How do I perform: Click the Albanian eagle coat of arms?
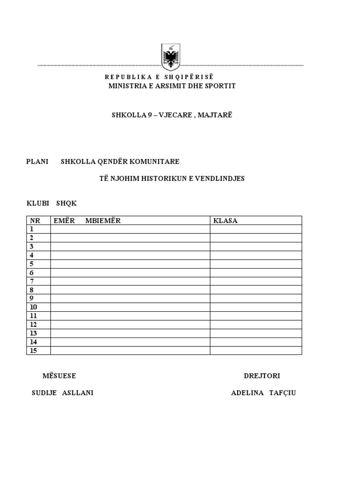click(x=171, y=57)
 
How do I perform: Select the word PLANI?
click(x=37, y=162)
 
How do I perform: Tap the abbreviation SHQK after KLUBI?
click(x=66, y=203)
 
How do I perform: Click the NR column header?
click(x=35, y=221)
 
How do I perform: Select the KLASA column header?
click(x=225, y=221)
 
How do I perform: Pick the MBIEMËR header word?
click(x=103, y=221)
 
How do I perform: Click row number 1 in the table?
click(x=32, y=229)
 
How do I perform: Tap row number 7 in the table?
click(x=32, y=281)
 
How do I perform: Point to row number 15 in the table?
click(x=34, y=351)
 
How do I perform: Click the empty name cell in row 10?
click(x=130, y=307)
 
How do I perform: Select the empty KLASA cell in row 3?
click(x=255, y=247)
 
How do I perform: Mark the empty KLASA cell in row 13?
click(x=255, y=333)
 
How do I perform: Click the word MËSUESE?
click(x=59, y=376)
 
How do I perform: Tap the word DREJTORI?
click(x=262, y=376)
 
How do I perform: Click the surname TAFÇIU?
click(x=283, y=393)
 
